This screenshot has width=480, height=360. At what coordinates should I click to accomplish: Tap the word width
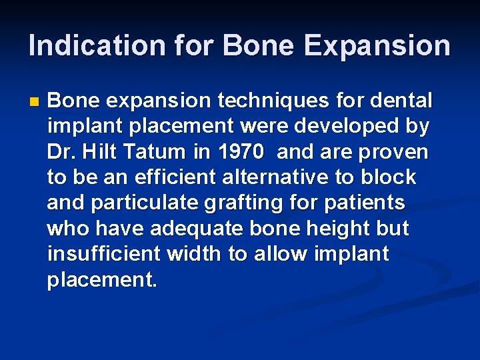coord(197,253)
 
